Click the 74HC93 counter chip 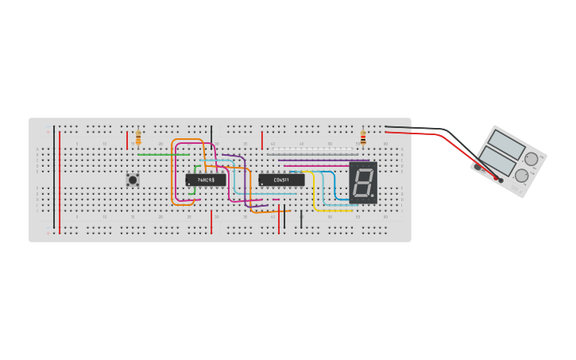click(205, 180)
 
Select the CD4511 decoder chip click(281, 180)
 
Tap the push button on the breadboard click(133, 180)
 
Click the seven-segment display click(363, 182)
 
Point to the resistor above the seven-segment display click(363, 138)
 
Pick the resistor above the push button click(138, 138)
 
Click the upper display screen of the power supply click(506, 144)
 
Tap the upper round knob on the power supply click(531, 159)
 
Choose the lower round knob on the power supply click(521, 176)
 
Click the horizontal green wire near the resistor click(163, 154)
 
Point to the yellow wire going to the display click(315, 191)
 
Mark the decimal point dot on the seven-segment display click(372, 195)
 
